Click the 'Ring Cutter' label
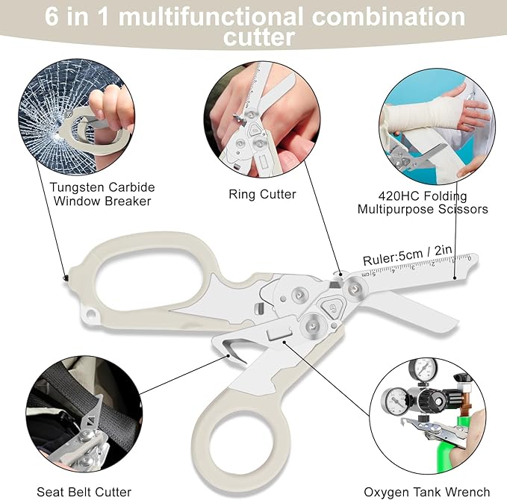[262, 194]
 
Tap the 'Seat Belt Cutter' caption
[84, 492]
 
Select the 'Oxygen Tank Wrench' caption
[427, 492]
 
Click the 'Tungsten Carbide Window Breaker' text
[102, 194]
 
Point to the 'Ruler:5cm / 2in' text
[407, 255]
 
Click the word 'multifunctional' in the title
[211, 17]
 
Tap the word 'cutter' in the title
[258, 37]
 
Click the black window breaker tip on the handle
[66, 278]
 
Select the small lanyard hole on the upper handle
[91, 313]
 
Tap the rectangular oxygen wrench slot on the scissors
[279, 333]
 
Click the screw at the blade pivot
[355, 287]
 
